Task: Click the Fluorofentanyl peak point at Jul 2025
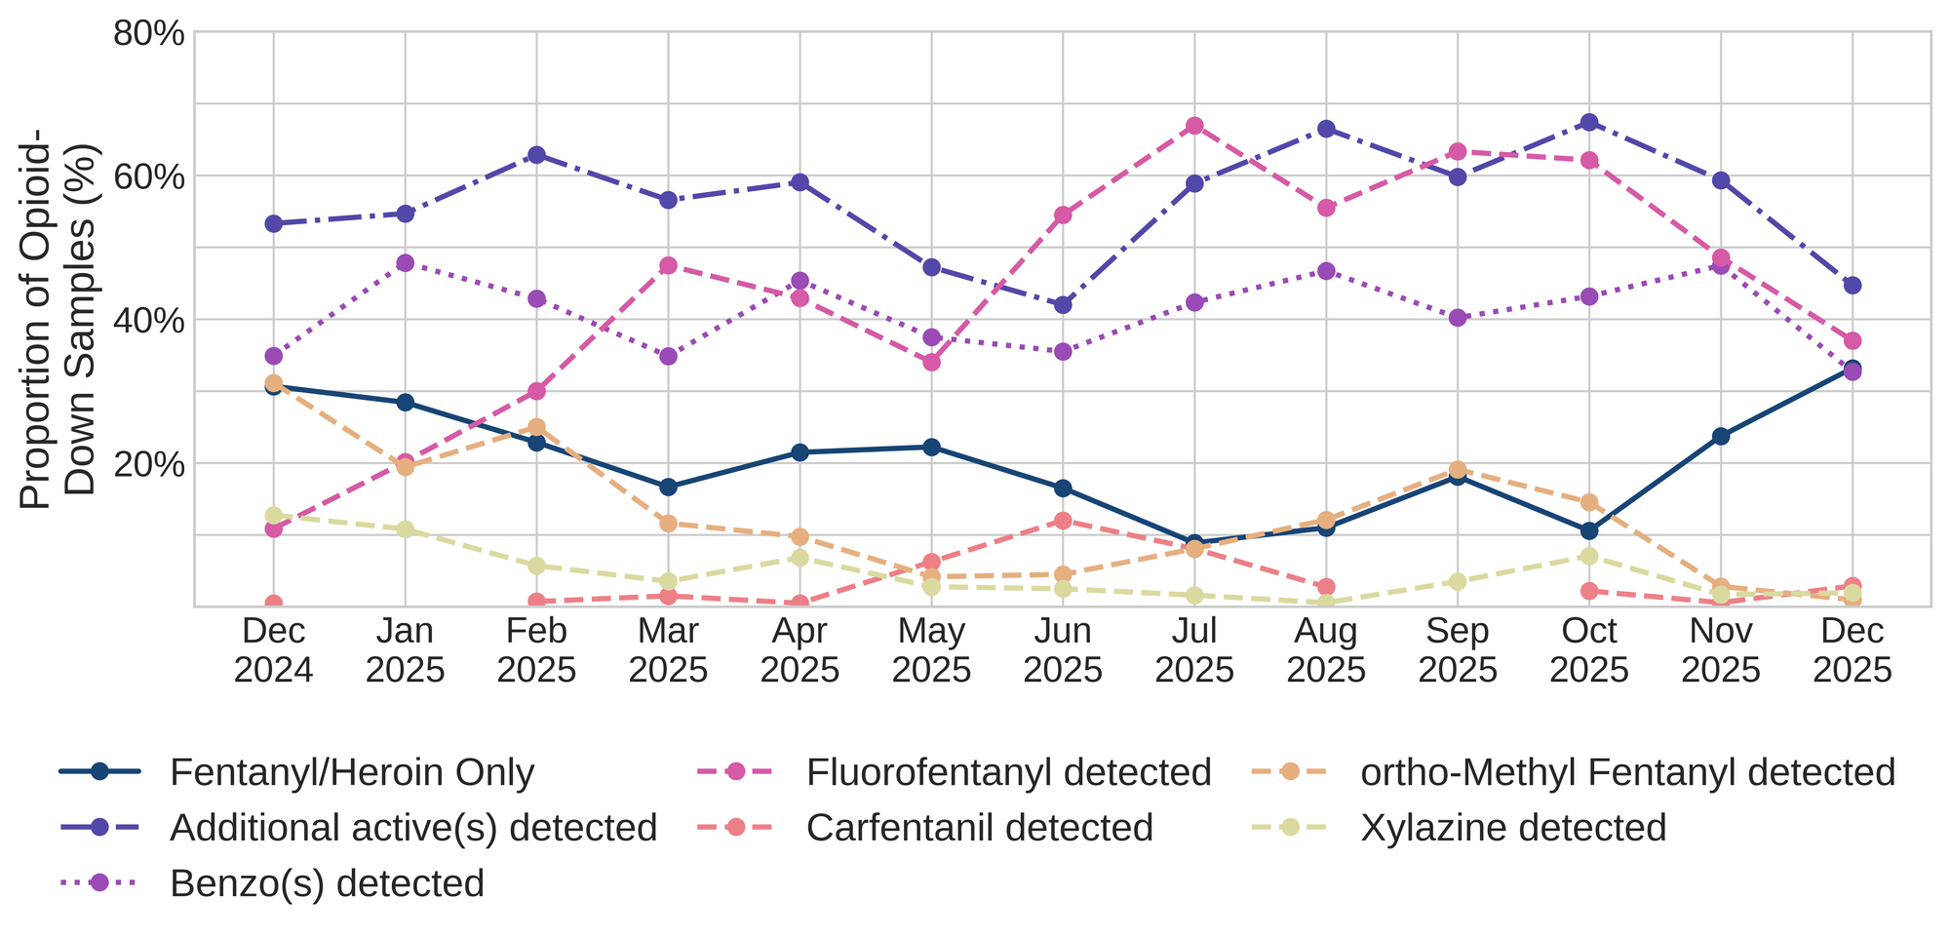1194,126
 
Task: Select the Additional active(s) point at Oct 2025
1589,122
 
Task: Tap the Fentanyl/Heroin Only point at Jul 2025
1194,542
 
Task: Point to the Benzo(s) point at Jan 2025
406,263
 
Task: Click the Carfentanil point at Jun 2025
1063,521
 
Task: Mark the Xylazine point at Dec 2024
274,515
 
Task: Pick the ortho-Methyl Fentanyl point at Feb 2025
536,427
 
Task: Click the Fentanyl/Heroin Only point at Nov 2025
1721,436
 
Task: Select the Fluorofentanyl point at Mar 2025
668,265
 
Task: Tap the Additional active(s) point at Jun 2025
1063,304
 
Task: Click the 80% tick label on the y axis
149,33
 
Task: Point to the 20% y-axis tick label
149,464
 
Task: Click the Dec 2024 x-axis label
274,650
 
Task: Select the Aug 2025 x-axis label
1326,650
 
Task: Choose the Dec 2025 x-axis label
1852,650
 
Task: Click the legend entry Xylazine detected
1513,828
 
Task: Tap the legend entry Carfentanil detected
980,828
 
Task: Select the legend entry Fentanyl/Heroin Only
351,773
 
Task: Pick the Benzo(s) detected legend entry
327,883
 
